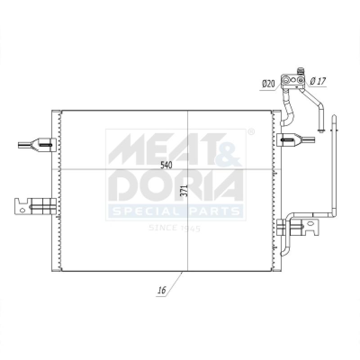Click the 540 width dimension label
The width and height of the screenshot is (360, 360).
click(x=166, y=165)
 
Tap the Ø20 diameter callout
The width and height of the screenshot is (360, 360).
click(x=268, y=84)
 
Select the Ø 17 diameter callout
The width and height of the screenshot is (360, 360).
click(x=318, y=81)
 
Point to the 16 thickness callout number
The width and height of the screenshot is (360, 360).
click(x=162, y=290)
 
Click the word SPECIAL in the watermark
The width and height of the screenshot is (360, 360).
click(x=145, y=211)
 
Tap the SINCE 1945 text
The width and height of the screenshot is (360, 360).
click(x=175, y=228)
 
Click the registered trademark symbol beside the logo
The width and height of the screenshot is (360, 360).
click(x=252, y=132)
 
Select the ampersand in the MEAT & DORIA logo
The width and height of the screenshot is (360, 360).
click(x=229, y=150)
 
